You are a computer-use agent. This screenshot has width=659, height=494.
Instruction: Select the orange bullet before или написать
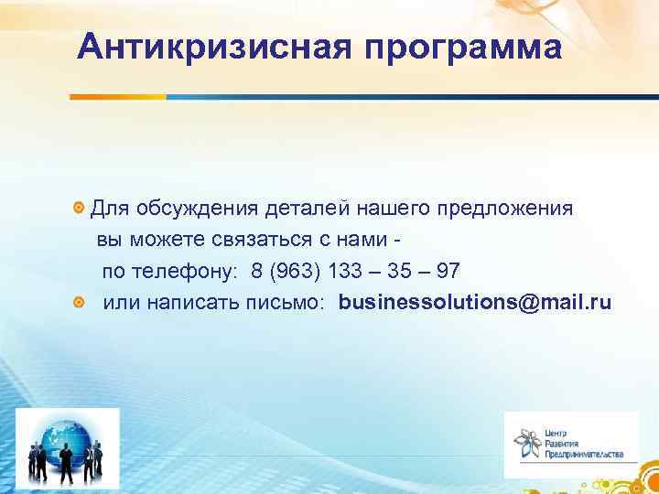point(80,303)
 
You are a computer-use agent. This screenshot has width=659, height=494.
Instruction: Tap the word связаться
point(275,240)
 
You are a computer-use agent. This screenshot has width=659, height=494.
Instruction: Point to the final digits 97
point(449,272)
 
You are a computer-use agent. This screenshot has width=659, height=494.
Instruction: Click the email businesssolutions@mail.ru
point(474,303)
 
